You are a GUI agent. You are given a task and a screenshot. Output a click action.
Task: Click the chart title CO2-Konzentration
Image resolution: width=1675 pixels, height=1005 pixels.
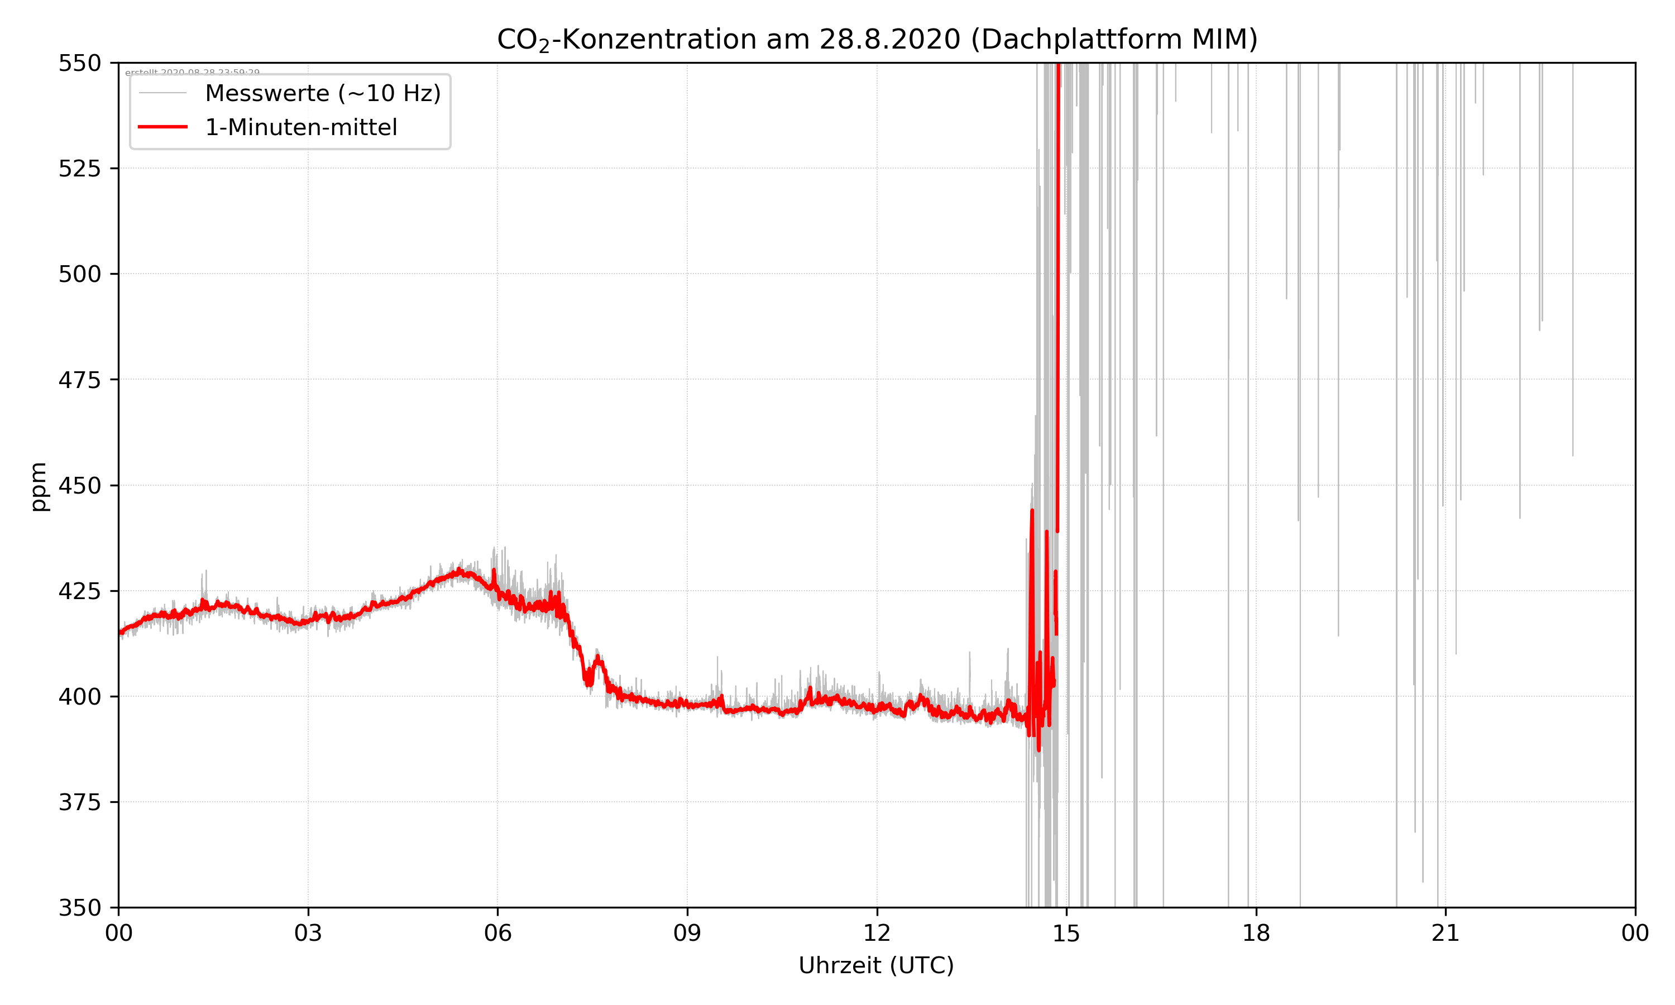coord(877,39)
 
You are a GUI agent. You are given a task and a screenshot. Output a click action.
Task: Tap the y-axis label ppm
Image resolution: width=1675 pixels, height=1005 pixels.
coord(39,486)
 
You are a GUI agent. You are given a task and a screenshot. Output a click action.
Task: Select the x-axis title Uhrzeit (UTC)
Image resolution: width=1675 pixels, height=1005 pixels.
coord(876,965)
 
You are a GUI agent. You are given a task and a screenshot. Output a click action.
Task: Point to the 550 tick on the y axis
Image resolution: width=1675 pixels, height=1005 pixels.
coord(79,63)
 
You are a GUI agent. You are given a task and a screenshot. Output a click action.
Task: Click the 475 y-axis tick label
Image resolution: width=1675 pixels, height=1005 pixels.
coord(79,380)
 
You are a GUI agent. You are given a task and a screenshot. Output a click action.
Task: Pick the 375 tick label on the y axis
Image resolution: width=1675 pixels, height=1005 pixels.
coord(79,802)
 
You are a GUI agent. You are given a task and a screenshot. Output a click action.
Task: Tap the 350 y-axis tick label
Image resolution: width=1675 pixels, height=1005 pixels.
coord(79,907)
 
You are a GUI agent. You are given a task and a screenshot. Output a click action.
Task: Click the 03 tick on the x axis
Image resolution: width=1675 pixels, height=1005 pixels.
coord(308,933)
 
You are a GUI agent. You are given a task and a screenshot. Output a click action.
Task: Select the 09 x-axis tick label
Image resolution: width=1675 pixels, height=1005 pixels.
coord(687,933)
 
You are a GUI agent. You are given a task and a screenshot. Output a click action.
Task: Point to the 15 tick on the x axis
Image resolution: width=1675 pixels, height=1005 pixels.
coord(1066,933)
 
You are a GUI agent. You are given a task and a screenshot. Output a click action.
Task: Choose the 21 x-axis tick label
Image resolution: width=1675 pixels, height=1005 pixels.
coord(1446,933)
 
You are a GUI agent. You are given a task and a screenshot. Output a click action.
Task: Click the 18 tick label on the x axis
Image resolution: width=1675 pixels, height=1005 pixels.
coord(1256,933)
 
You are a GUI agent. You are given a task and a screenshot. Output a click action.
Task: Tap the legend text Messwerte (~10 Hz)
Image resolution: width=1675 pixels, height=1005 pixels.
coord(323,93)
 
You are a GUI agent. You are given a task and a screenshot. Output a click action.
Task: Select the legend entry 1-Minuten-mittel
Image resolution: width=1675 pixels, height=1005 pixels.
coord(301,127)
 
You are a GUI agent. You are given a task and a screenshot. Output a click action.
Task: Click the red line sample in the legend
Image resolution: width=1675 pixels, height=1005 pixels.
coord(162,127)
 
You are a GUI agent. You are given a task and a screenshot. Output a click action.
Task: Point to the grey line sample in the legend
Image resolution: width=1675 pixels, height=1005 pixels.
coord(162,93)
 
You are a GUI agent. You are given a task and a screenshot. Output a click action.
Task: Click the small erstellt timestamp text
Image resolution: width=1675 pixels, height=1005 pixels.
coord(192,73)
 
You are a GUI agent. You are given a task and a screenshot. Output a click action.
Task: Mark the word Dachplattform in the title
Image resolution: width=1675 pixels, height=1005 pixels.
coord(1076,39)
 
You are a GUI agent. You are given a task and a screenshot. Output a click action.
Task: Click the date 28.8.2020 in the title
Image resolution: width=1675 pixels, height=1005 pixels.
coord(889,39)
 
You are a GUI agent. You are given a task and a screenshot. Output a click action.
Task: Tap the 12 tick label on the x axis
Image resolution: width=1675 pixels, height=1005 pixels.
coord(877,933)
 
